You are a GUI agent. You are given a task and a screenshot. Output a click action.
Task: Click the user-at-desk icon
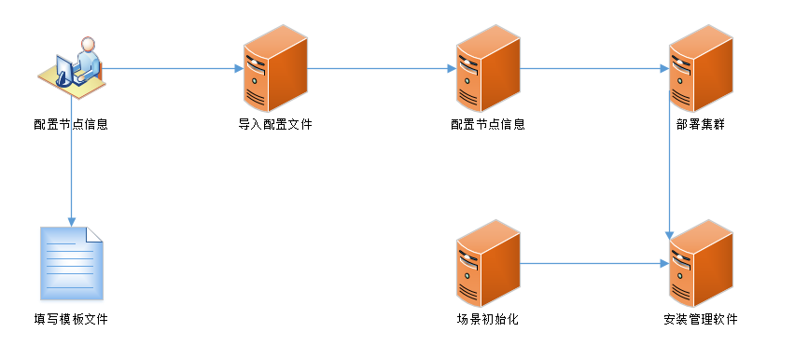[72, 65]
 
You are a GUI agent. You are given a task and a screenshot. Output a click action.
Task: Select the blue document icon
[71, 263]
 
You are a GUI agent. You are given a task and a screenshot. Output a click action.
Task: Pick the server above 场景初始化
[487, 263]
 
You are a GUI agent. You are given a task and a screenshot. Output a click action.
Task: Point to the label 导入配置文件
[274, 124]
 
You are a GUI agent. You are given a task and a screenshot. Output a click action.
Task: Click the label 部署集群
[700, 124]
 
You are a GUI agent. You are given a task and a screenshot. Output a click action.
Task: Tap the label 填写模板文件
[71, 320]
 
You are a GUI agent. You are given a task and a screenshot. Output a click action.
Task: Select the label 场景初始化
[487, 320]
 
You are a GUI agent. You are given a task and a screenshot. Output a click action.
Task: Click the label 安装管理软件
[700, 320]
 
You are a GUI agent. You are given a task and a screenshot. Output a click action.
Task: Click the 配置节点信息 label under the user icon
[71, 124]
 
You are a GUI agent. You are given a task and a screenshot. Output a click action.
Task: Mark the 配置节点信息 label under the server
[487, 124]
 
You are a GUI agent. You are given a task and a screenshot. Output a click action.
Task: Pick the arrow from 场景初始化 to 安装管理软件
[593, 263]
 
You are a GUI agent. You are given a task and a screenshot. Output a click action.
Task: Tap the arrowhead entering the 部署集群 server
[663, 67]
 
